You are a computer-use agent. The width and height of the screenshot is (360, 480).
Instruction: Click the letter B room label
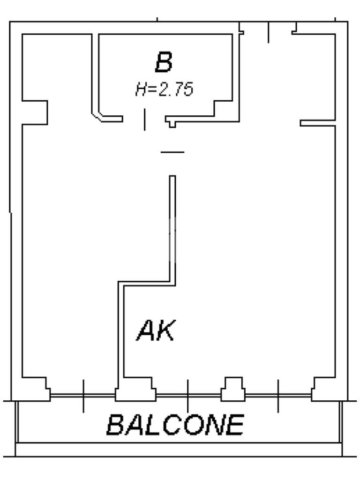coord(164,63)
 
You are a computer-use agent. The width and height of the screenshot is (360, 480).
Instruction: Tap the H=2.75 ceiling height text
coord(164,89)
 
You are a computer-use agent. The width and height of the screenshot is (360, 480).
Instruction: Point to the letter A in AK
coord(146,331)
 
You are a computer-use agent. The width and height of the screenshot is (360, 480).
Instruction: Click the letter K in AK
coord(165,331)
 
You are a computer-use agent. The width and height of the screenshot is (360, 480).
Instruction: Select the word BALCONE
coord(175,425)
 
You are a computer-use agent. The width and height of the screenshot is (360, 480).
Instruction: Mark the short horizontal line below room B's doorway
coord(172,152)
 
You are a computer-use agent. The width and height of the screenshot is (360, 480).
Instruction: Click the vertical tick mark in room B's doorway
coord(144,120)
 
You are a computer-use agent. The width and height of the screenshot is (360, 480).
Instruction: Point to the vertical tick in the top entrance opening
coord(268,32)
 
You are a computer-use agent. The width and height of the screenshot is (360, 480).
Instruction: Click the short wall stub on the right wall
coord(317,123)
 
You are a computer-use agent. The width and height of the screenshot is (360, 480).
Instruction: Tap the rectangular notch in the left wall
coord(35,112)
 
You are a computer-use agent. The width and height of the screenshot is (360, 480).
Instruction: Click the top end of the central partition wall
coord(172,178)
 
